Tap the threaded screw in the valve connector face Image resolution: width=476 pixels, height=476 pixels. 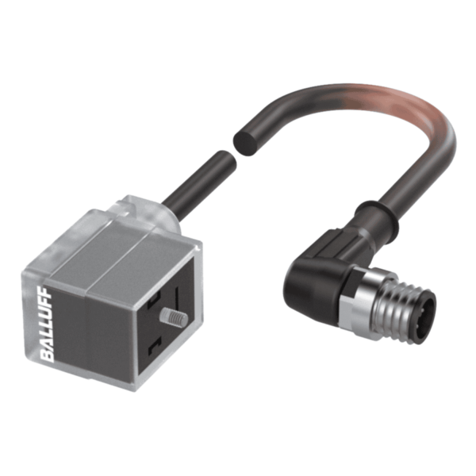click(x=174, y=317)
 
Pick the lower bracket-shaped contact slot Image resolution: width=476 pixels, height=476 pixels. click(x=154, y=347)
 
